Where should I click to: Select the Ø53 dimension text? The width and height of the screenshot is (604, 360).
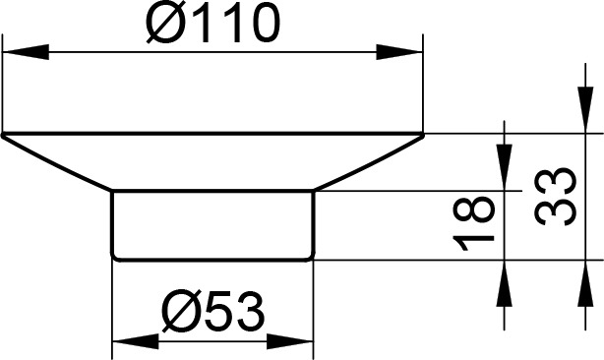coord(213,312)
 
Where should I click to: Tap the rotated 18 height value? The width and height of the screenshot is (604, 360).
coord(473,223)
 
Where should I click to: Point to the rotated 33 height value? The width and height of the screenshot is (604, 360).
coord(556,197)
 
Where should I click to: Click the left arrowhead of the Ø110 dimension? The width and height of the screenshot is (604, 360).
coord(26,52)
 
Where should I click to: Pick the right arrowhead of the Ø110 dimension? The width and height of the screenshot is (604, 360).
coord(399,52)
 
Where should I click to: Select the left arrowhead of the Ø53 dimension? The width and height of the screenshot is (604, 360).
coord(135,341)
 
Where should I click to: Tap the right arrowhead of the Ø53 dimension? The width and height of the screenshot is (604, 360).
coord(289,341)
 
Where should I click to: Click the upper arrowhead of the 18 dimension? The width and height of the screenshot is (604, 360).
coord(505,167)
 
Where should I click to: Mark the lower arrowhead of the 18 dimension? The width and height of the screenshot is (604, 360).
coord(505,283)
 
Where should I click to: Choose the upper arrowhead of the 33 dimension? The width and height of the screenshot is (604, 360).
coord(585,110)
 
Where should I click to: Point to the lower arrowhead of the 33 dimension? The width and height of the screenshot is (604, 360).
coord(585,283)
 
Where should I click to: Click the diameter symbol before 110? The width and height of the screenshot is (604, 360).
coord(166,25)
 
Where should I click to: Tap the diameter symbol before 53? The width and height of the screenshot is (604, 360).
coord(181,312)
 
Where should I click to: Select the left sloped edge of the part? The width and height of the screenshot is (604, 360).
coord(57,163)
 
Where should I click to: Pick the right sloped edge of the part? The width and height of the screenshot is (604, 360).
coord(369,162)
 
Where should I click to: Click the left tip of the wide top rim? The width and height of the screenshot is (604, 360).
coord(3,135)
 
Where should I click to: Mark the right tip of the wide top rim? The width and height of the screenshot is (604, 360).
coord(423,135)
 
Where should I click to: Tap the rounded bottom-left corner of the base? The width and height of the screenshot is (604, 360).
coord(114,258)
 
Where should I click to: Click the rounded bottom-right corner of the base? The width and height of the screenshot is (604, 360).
coord(312,258)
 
